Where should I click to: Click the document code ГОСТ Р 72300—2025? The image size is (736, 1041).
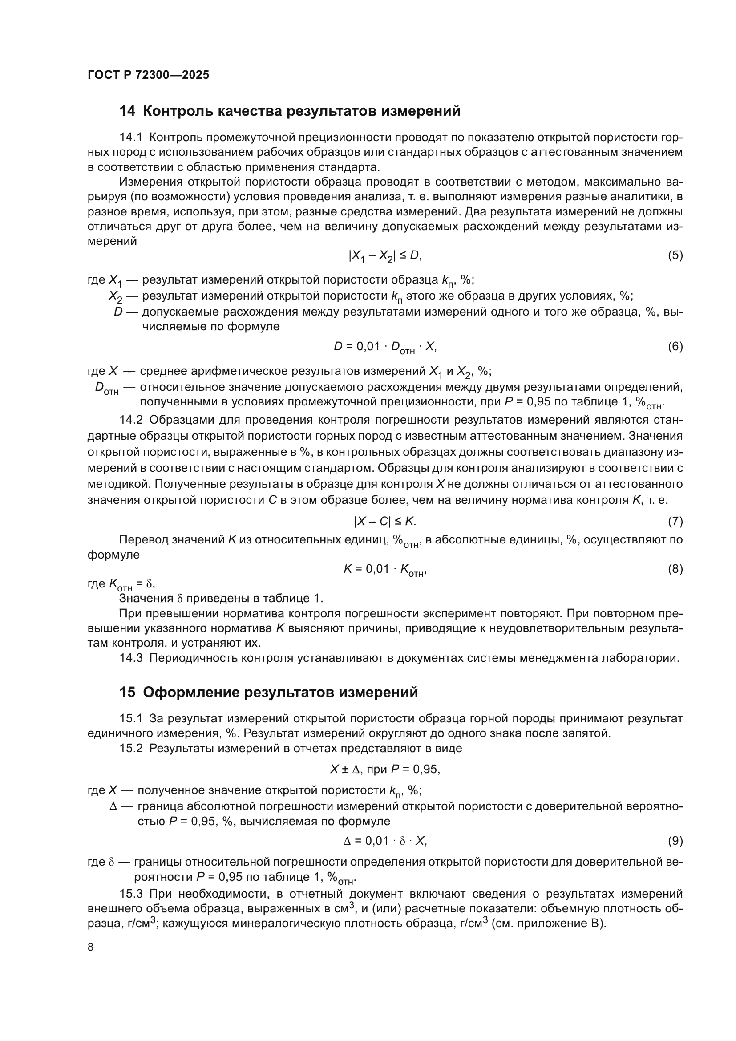(148, 75)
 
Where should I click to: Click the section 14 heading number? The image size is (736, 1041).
(127, 111)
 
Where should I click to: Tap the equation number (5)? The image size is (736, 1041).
(675, 255)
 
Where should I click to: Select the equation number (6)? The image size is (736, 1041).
(675, 346)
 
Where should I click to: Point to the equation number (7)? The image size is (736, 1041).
(675, 522)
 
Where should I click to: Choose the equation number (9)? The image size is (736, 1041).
(675, 841)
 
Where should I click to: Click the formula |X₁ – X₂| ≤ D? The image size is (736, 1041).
(385, 256)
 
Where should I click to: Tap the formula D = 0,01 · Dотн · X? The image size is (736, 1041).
(385, 347)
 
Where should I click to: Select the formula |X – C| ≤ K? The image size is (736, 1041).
(385, 522)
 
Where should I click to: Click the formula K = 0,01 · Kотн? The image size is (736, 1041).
(385, 570)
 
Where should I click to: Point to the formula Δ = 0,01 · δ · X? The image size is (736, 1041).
(385, 841)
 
